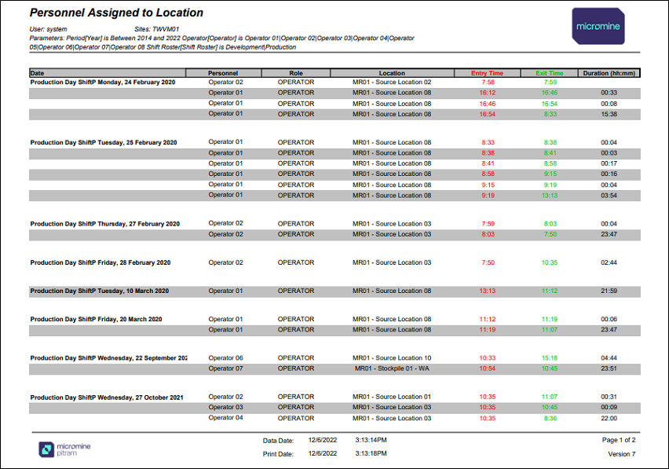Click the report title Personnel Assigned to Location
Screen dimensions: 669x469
point(116,13)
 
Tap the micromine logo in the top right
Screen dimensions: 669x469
point(598,26)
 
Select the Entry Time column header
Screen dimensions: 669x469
point(487,73)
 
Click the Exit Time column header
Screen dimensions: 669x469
point(549,73)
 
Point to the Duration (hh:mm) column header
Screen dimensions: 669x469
point(609,73)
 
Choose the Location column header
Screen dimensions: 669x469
point(392,73)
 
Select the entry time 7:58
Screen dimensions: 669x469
point(488,82)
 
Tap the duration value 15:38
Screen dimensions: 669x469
point(609,115)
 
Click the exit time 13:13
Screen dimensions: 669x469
point(550,196)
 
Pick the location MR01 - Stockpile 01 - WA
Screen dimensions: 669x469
point(392,368)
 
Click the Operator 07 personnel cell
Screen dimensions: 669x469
point(225,368)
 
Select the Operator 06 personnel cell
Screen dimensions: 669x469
point(225,358)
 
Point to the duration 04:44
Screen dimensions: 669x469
point(609,358)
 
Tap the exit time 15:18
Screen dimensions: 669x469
point(550,358)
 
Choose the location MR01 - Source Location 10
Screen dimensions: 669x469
point(392,358)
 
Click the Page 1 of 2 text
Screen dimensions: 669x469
point(619,440)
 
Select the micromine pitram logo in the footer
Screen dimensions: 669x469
point(65,449)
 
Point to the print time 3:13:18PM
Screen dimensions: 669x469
point(371,453)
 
